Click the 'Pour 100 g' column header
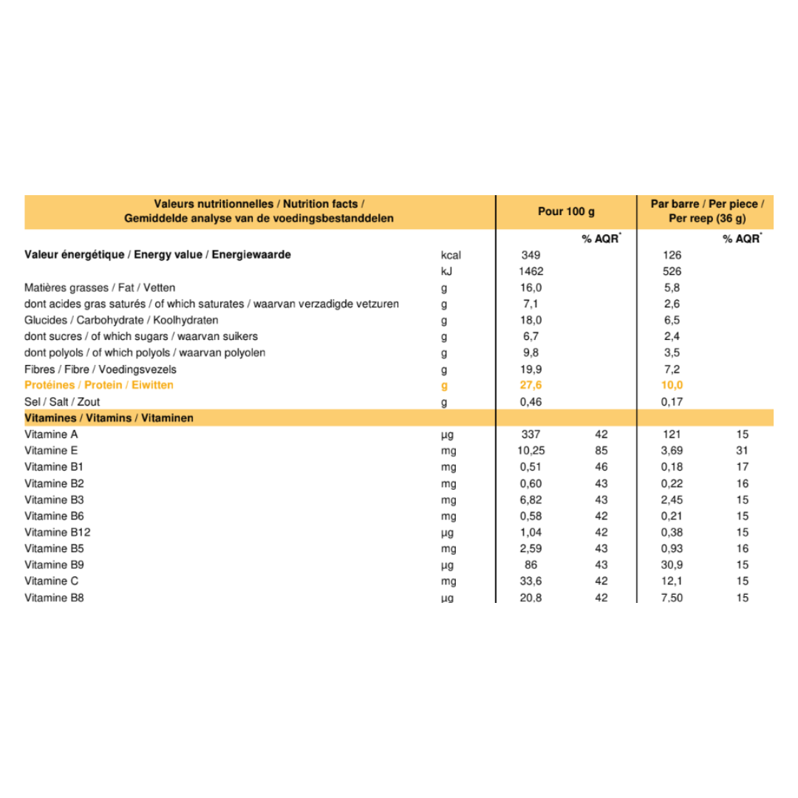[566, 211]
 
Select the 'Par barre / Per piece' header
[707, 204]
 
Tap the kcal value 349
[531, 255]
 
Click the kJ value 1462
[531, 271]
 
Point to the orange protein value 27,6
[531, 386]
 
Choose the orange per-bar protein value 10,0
[672, 386]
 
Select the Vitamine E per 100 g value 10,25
[531, 451]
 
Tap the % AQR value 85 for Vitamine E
[601, 451]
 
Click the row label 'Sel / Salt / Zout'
[62, 402]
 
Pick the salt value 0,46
[531, 402]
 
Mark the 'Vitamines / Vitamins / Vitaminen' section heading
[109, 418]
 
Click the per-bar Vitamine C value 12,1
[672, 581]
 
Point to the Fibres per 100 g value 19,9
[531, 369]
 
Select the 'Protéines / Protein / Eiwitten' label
[99, 386]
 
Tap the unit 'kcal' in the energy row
[450, 255]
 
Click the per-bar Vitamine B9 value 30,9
[672, 565]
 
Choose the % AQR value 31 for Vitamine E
[742, 451]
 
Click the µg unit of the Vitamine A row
[446, 434]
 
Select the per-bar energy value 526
[672, 271]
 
